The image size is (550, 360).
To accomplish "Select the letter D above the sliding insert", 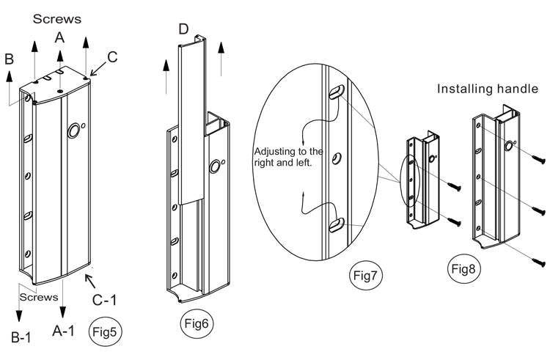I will click(183, 30).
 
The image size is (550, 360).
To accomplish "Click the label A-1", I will click(64, 331).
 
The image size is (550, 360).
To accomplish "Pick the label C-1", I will click(106, 298).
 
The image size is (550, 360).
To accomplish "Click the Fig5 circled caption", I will click(103, 331).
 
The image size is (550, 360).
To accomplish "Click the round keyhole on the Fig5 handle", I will click(74, 131).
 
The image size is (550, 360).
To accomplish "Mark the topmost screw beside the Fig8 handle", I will click(540, 156).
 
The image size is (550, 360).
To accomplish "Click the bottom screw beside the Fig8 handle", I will click(540, 259).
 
